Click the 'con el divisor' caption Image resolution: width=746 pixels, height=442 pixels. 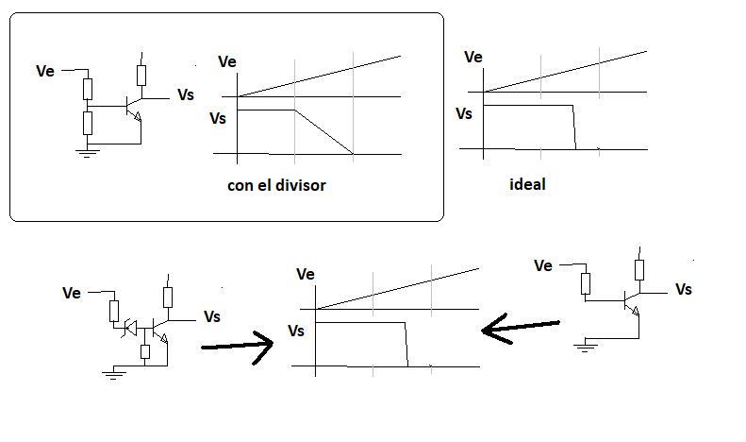tap(276, 185)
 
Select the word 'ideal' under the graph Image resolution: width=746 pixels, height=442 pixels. tap(527, 184)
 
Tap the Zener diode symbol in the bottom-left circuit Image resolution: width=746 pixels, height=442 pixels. tap(130, 328)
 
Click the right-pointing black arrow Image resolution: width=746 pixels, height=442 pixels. tap(237, 347)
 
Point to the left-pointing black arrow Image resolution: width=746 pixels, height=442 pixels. tap(520, 328)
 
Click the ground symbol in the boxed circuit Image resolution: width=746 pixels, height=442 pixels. tap(88, 152)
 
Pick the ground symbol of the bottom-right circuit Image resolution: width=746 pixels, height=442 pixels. tap(585, 347)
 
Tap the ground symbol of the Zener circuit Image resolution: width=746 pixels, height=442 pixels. tap(113, 374)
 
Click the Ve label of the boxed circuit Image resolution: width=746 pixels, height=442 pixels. tap(45, 71)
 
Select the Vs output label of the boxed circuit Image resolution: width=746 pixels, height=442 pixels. tap(186, 94)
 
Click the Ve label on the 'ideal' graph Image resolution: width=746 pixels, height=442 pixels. tap(472, 58)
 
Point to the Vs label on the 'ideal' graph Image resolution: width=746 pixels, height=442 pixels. tap(464, 114)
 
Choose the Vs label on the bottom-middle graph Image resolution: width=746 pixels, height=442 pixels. tap(296, 331)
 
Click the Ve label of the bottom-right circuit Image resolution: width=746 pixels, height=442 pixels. tap(543, 265)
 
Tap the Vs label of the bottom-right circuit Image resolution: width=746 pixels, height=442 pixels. tap(684, 289)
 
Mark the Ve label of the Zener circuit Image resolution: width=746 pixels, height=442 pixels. tap(72, 293)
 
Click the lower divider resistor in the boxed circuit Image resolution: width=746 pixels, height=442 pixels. tap(88, 123)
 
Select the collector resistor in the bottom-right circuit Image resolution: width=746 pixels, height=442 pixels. tap(639, 269)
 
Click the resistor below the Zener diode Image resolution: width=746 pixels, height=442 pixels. tap(145, 351)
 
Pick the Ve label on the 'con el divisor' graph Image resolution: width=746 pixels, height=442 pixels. tap(227, 62)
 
